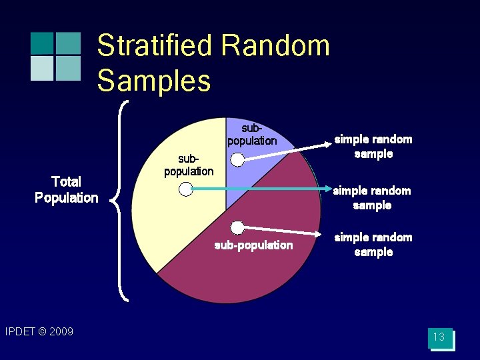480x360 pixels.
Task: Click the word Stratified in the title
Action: pos(155,46)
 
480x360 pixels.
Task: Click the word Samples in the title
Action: pos(154,81)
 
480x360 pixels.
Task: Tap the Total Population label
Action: pos(66,189)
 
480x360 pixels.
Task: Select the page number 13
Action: pos(439,337)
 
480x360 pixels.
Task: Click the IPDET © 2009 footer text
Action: pos(39,331)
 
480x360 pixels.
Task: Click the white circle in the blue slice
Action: pos(237,159)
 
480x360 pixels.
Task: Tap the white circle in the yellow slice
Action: pos(185,190)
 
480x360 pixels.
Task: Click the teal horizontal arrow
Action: pos(267,190)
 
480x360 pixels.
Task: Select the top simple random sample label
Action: pos(373,147)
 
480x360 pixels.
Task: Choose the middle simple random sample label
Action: pos(372,198)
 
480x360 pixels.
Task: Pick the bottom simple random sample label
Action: pos(373,245)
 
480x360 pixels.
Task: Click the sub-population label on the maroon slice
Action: pos(253,245)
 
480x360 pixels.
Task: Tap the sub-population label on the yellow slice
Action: pos(189,165)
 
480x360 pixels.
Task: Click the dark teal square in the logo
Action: pos(41,43)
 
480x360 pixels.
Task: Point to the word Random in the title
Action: pos(275,46)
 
